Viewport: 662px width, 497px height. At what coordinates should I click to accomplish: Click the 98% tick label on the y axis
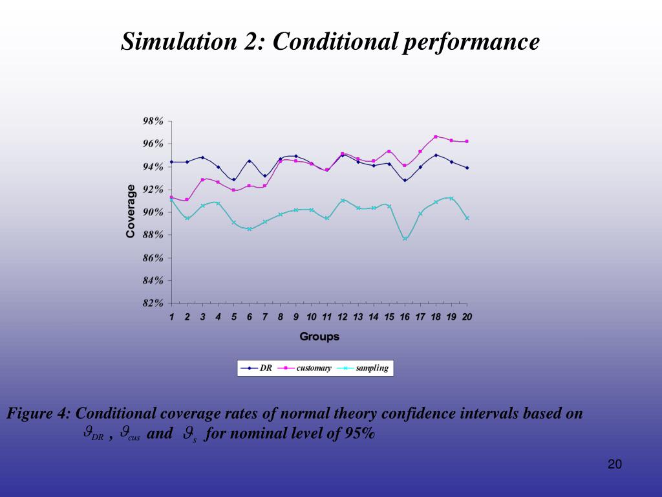[x=153, y=121]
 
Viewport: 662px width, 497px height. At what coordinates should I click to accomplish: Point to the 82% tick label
[x=153, y=303]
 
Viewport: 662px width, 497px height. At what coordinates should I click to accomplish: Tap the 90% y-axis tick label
[x=153, y=212]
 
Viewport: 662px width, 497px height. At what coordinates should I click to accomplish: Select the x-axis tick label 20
[x=467, y=317]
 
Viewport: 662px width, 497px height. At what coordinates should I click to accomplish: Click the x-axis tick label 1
[x=172, y=317]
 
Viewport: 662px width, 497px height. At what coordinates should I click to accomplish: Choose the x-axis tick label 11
[x=327, y=317]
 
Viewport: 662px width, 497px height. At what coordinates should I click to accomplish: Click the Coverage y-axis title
[x=131, y=211]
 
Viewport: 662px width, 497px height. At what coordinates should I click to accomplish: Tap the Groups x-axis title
[x=319, y=337]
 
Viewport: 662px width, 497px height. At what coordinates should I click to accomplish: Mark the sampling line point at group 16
[x=405, y=239]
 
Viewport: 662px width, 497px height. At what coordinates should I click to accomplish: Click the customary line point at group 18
[x=436, y=137]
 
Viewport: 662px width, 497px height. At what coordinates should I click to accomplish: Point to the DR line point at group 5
[x=234, y=179]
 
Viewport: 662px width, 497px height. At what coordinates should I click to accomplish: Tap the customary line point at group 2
[x=187, y=199]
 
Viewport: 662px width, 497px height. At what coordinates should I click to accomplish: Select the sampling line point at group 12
[x=343, y=201]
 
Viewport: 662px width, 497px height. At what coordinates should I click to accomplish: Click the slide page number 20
[x=614, y=464]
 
